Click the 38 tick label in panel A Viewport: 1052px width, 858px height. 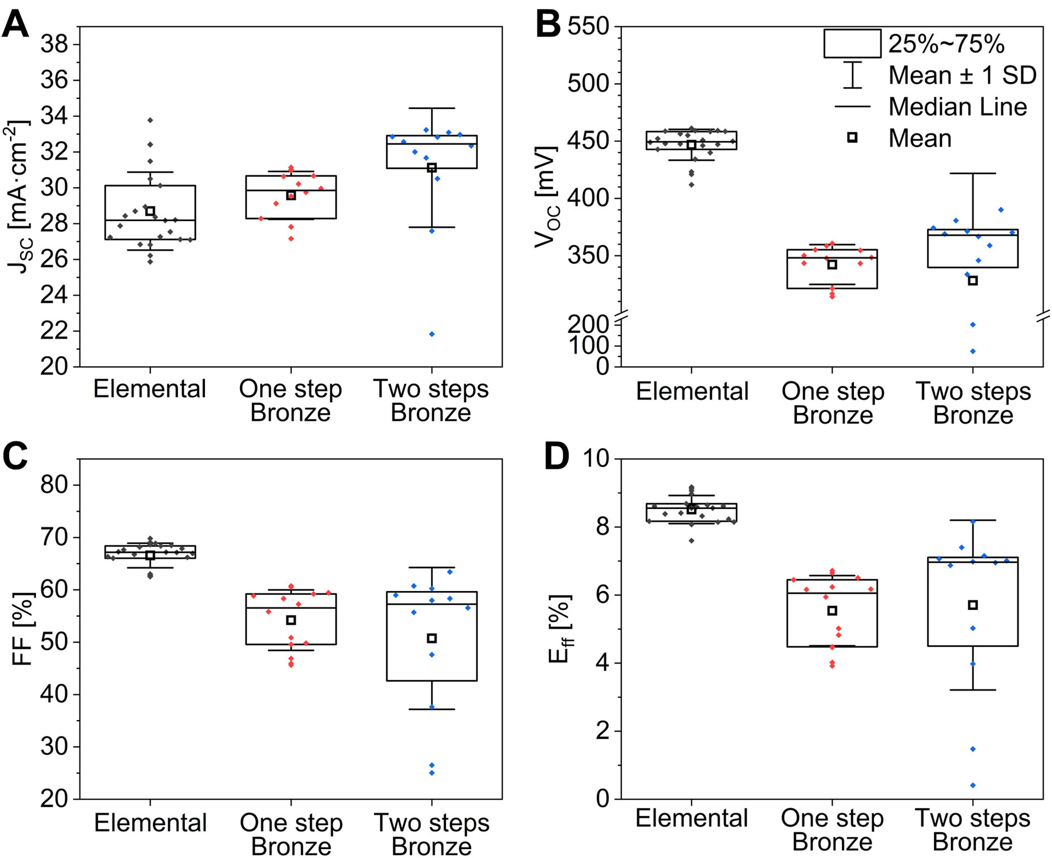coord(54,44)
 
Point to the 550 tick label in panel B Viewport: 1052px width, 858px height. coord(588,26)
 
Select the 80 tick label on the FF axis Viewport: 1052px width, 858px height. coord(54,485)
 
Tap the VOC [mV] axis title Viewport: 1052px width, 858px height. coord(546,197)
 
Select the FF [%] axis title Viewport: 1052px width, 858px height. coord(22,628)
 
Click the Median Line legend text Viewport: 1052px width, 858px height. coord(958,107)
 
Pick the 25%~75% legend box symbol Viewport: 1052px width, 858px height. coord(852,44)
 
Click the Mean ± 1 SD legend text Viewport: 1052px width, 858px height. coord(962,75)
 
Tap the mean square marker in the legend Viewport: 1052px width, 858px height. coord(852,137)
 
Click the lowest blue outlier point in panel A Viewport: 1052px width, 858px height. coord(432,334)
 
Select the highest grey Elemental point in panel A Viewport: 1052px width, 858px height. coord(150,120)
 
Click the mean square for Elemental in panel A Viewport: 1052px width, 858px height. coord(150,211)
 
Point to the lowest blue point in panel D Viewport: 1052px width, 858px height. coord(973,785)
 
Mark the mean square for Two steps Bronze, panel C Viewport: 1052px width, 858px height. coord(432,638)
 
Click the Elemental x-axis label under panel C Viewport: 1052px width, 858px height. coord(150,822)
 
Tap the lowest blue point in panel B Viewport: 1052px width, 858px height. coord(973,351)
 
